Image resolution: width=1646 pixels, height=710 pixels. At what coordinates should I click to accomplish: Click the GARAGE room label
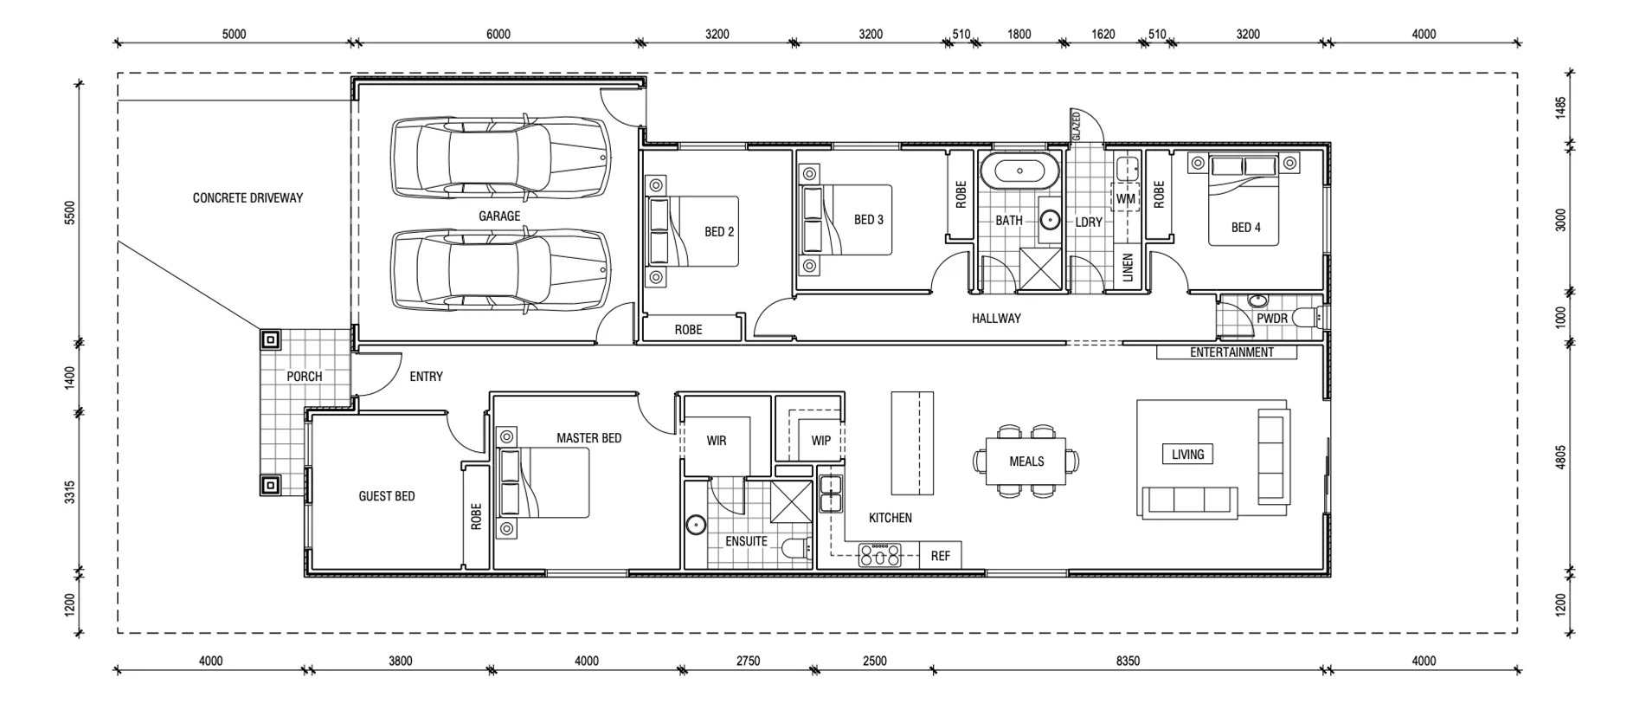point(499,216)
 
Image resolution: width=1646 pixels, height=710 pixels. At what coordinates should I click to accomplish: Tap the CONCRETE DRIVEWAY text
point(248,197)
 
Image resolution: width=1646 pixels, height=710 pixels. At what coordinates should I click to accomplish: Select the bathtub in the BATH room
point(1019,171)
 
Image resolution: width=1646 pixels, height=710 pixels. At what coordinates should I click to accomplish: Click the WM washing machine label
point(1125,199)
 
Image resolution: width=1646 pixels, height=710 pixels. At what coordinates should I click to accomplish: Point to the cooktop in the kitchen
point(879,555)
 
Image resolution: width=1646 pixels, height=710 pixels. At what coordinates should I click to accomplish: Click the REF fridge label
point(940,556)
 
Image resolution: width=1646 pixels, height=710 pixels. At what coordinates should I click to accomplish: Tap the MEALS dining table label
point(1026,461)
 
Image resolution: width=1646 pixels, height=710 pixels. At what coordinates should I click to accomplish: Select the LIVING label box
point(1187,455)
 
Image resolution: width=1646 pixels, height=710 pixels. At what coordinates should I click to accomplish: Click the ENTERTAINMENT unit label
point(1231,352)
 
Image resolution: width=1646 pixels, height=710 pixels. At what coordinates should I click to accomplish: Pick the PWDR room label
point(1271,319)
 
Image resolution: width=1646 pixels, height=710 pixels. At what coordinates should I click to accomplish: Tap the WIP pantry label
point(820,441)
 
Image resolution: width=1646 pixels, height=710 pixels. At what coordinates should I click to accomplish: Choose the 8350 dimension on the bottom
point(1128,661)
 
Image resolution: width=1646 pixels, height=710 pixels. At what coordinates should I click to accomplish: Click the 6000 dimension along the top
point(498,35)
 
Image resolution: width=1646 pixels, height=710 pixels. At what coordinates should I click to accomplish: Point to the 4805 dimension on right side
point(1560,457)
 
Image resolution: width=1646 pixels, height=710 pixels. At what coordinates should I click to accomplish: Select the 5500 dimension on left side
point(70,213)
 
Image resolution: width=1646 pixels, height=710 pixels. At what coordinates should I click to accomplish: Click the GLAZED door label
point(1077,126)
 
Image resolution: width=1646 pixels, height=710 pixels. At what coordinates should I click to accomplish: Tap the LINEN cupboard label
point(1128,268)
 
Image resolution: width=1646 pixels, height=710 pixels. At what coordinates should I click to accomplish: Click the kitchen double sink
point(831,494)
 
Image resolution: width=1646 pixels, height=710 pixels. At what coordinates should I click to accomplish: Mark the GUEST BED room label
point(386,496)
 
